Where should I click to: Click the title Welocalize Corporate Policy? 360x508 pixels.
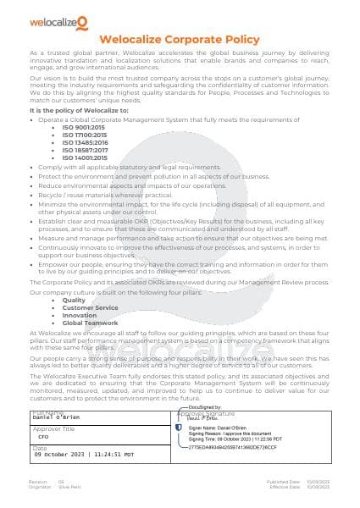point(179,39)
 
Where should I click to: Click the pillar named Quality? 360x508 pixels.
point(74,300)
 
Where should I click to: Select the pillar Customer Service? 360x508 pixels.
point(90,307)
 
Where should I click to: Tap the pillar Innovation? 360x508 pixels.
point(80,315)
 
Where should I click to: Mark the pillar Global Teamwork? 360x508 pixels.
point(90,323)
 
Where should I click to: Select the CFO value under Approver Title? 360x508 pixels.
point(43,436)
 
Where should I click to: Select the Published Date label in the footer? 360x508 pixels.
point(284,481)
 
